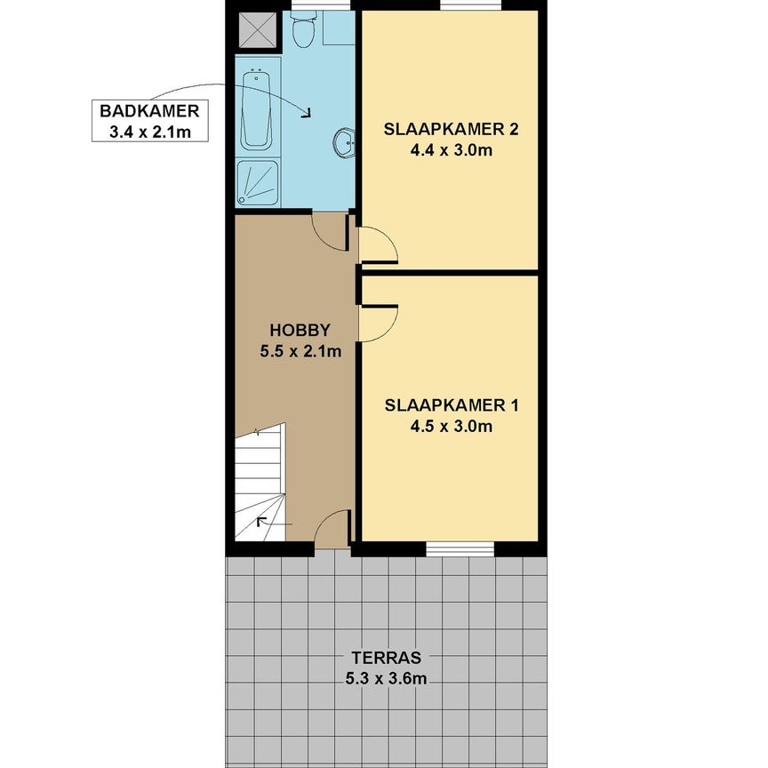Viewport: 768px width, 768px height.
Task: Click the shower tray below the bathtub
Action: tap(258, 184)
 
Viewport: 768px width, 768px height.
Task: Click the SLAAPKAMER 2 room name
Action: tap(451, 129)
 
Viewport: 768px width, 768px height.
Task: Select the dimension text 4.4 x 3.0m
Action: tap(451, 150)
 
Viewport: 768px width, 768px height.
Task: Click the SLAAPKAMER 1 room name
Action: tap(451, 405)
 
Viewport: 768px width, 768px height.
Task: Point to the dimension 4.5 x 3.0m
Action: tap(451, 427)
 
